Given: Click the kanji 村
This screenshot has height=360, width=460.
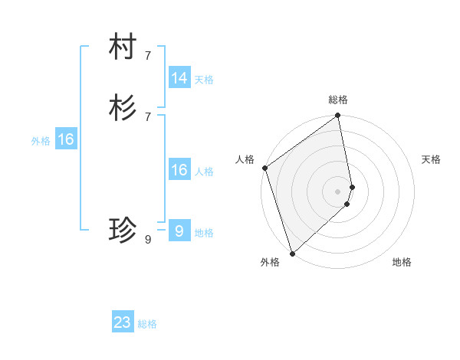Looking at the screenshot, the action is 123,48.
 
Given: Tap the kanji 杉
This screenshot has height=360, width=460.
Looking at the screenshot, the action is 123,108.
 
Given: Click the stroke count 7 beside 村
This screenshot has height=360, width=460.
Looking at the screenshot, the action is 148,55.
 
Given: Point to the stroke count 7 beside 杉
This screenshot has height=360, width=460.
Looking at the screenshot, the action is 148,116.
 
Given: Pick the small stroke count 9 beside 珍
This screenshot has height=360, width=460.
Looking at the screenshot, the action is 148,239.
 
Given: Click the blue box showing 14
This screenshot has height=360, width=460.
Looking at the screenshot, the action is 179,78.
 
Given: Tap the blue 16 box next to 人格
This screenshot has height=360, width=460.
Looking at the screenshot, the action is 179,170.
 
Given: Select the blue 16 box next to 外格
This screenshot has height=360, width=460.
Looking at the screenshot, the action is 66,139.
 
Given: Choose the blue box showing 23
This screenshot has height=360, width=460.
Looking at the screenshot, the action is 123,322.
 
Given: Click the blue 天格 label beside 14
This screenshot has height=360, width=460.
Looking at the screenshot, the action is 204,79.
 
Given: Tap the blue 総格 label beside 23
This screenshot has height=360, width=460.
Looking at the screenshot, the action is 148,324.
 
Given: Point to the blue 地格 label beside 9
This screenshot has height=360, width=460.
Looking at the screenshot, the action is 204,233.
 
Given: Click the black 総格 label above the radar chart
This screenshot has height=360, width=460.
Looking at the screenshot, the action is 338,100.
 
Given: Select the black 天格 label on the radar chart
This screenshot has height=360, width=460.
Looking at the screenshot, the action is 431,159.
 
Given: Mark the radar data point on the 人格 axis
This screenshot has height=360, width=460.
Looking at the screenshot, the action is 264,168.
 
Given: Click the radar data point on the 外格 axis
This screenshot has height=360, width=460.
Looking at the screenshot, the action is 292,253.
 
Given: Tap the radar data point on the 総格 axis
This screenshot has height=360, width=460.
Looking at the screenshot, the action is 338,116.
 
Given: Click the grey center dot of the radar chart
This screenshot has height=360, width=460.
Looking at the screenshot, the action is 338,191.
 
